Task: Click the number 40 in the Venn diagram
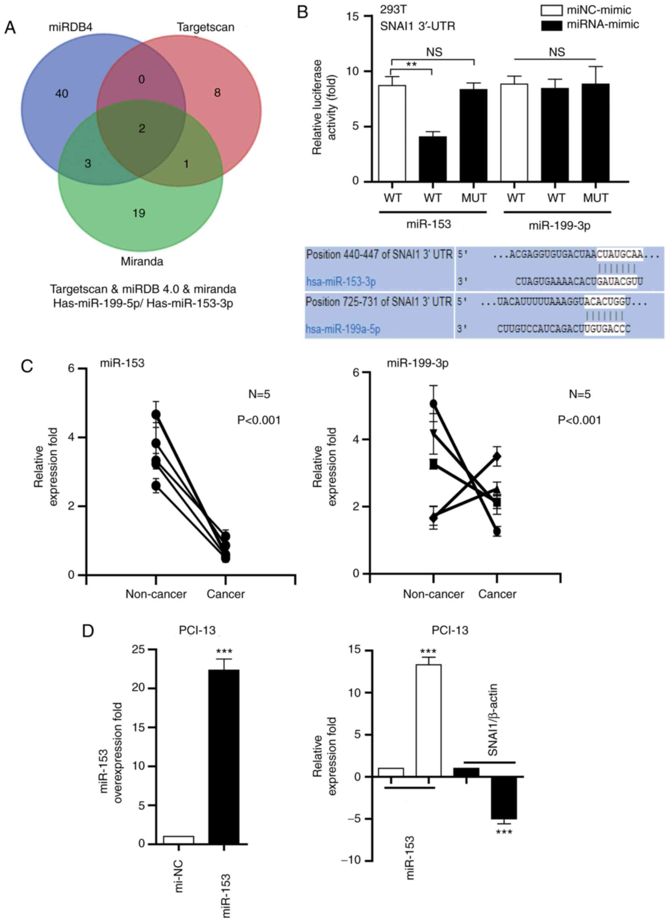(62, 94)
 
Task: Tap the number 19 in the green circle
(139, 213)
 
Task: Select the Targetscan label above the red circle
(205, 27)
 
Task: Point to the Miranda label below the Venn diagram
(142, 261)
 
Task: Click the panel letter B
(303, 12)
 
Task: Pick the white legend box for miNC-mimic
(551, 10)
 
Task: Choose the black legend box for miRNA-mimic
(551, 25)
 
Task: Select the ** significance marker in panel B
(411, 64)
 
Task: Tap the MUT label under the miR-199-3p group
(596, 198)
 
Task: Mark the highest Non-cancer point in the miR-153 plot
(156, 414)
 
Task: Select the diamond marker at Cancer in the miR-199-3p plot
(497, 456)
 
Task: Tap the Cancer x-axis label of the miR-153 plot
(226, 594)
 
